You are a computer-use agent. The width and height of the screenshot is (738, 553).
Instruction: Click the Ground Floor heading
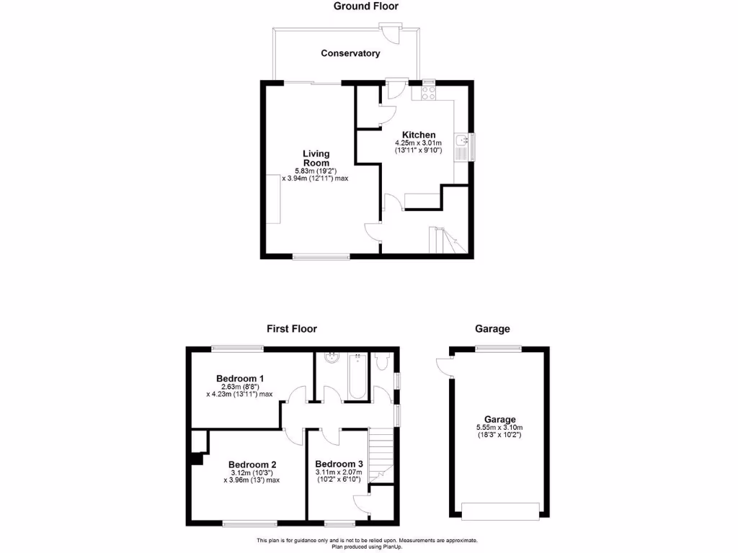tap(365, 6)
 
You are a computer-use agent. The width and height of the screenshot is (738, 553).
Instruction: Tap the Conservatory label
tap(350, 53)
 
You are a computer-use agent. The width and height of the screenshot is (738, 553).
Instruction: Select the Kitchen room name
tap(419, 135)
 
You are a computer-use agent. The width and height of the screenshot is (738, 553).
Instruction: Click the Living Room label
tap(316, 158)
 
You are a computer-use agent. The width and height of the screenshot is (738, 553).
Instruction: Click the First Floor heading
tap(292, 329)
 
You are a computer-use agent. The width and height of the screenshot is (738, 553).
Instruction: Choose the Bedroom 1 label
tap(240, 378)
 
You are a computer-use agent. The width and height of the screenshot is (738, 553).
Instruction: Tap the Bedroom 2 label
tap(252, 464)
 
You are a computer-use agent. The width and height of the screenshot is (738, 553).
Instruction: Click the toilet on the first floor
tap(383, 360)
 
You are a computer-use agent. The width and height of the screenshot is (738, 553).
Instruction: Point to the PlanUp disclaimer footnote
tap(367, 544)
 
